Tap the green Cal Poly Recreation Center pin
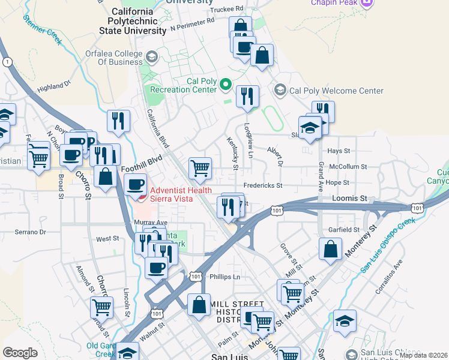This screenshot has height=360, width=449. (226, 85)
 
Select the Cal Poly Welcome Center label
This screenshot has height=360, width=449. (336, 91)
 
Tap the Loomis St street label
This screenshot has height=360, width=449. (349, 198)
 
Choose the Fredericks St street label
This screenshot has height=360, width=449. (263, 185)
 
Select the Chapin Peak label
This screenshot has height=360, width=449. (334, 3)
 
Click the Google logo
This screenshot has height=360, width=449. (20, 353)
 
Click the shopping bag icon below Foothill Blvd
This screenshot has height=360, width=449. (106, 176)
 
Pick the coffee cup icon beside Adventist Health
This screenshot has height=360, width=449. (137, 184)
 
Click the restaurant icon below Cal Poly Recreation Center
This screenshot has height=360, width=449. (247, 96)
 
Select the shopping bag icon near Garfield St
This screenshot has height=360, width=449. (330, 249)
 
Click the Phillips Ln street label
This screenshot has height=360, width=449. (225, 277)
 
